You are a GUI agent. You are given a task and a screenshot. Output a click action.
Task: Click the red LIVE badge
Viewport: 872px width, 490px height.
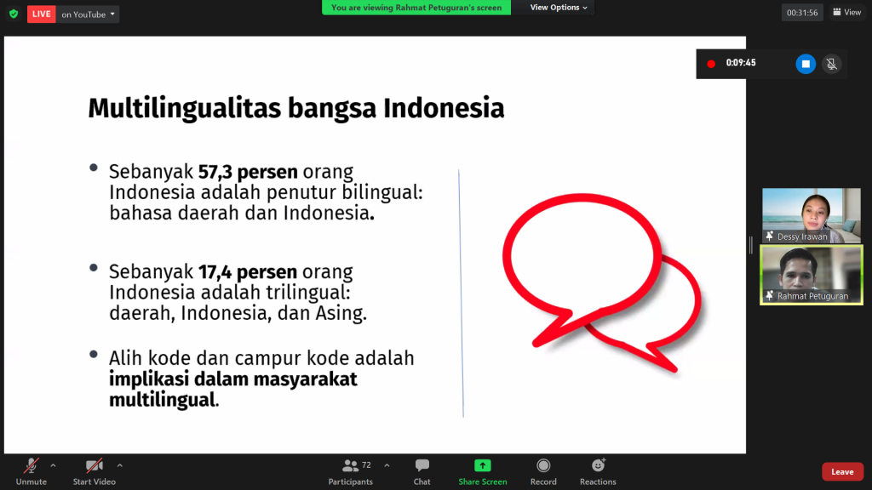[41, 14]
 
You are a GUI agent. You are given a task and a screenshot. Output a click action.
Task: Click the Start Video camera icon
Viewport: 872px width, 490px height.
[94, 465]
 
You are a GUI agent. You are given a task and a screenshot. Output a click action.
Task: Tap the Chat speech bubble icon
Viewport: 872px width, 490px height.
[422, 465]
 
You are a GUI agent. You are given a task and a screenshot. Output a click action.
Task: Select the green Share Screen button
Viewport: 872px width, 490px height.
[483, 471]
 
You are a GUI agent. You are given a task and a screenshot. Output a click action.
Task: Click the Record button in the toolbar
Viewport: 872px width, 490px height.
[543, 471]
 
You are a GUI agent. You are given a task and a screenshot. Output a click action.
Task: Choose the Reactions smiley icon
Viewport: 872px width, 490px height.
[599, 465]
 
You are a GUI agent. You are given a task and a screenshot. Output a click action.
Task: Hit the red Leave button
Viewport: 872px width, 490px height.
[842, 471]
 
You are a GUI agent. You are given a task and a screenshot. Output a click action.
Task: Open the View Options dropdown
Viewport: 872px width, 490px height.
[559, 7]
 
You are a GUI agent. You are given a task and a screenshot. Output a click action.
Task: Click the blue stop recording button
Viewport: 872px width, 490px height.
[806, 64]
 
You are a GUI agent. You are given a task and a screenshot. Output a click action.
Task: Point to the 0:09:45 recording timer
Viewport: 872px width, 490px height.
[741, 63]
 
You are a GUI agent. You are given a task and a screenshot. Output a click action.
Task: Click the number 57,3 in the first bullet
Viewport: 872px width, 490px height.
[215, 172]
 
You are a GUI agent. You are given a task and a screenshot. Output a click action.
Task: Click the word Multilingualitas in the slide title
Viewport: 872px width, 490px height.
[185, 108]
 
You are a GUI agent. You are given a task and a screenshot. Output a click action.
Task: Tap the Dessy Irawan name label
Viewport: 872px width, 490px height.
[802, 236]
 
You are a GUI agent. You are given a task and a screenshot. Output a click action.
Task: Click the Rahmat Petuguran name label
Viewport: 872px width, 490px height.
[812, 296]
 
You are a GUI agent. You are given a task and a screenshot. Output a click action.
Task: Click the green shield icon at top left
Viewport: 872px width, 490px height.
[14, 14]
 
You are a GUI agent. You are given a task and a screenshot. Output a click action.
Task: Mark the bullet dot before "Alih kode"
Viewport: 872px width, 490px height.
[94, 354]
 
